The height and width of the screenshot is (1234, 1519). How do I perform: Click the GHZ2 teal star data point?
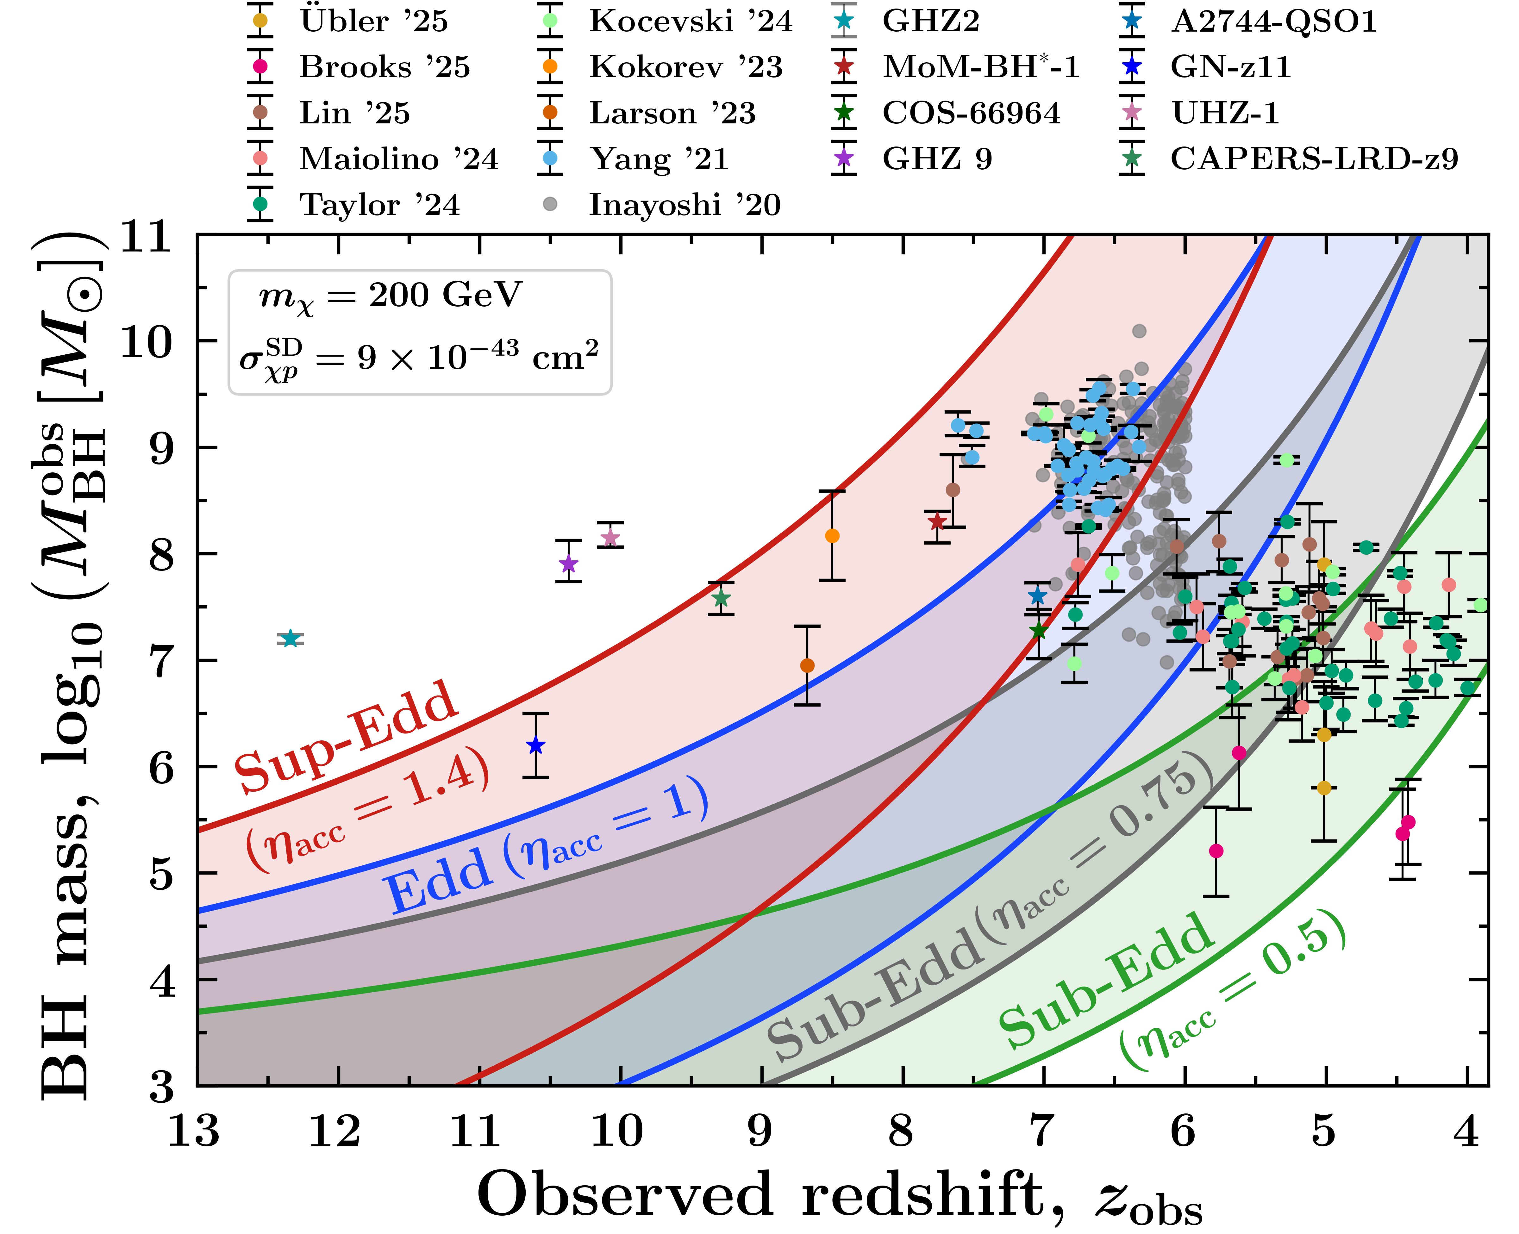[x=290, y=638]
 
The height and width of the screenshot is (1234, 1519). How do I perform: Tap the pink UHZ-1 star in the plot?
[x=610, y=537]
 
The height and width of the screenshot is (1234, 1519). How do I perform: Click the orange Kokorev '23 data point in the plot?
[x=832, y=535]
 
